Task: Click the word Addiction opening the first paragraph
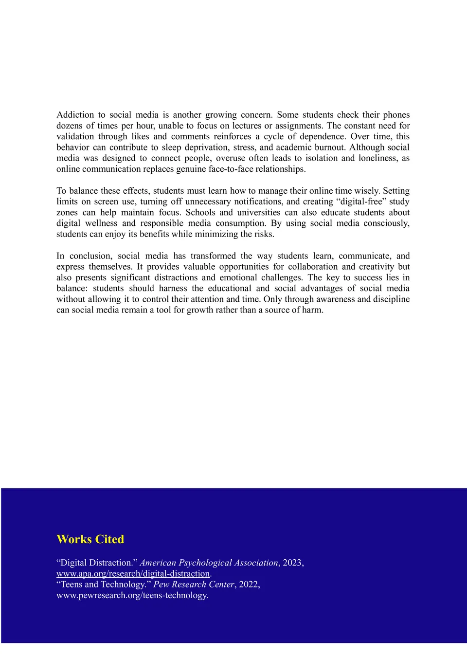click(x=75, y=115)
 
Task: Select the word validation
click(x=75, y=137)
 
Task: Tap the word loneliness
click(x=377, y=158)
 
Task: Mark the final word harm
click(x=312, y=310)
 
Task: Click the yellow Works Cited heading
click(x=90, y=539)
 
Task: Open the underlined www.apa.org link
click(x=133, y=574)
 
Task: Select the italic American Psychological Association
click(x=209, y=563)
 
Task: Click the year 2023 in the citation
click(x=292, y=563)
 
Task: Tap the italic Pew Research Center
click(x=194, y=585)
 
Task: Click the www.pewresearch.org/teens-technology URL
click(x=132, y=595)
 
